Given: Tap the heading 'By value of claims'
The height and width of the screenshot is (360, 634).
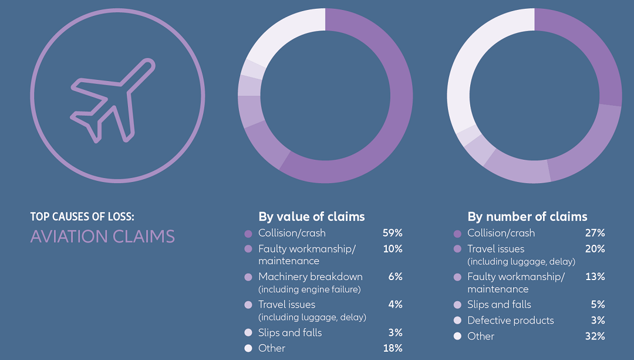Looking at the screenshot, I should (311, 217).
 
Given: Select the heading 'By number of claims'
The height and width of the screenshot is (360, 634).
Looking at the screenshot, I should (527, 217).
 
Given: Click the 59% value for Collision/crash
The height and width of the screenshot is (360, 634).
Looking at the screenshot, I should (392, 233).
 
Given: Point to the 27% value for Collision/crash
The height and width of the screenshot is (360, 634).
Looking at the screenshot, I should (595, 233).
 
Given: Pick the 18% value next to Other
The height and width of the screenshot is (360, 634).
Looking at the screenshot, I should (392, 348).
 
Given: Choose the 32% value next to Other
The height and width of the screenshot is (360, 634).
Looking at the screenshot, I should (595, 336).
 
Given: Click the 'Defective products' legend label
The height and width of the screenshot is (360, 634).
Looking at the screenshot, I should (510, 320).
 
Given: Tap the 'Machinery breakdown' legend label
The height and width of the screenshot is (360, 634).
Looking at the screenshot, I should (310, 277).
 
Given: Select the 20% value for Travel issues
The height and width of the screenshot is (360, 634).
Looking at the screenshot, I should (595, 249).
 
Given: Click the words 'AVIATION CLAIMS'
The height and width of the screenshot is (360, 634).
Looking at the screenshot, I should (103, 237).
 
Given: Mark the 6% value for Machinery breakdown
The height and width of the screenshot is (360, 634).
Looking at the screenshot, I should (395, 277).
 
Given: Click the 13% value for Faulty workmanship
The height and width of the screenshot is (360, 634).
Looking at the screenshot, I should (595, 277).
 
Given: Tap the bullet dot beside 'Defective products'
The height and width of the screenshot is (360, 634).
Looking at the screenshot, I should (457, 321).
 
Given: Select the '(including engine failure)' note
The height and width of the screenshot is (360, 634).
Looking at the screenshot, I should (309, 289).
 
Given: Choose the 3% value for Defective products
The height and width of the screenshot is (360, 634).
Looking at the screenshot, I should (598, 320).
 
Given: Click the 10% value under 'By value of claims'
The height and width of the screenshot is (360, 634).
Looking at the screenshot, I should (392, 249).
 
